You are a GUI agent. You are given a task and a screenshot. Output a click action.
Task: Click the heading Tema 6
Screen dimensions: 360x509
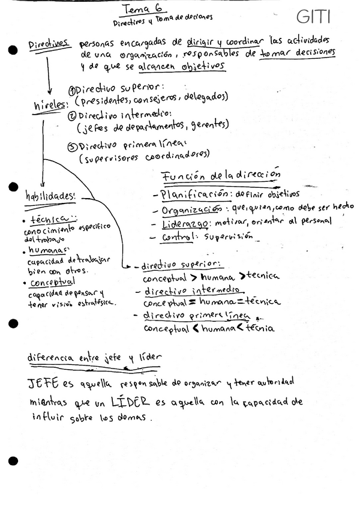click(x=138, y=8)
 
